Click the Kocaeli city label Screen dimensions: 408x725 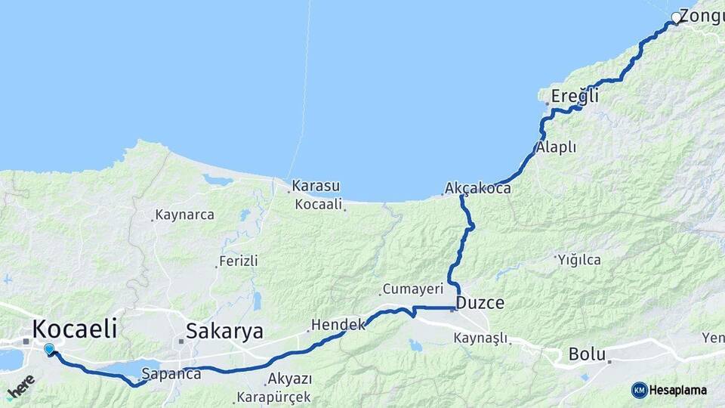(x=75, y=329)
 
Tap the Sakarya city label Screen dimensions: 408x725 (x=224, y=331)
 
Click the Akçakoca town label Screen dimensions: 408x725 (x=478, y=188)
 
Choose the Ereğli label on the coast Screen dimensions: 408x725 (x=575, y=96)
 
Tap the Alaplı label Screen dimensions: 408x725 (x=556, y=147)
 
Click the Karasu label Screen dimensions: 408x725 (x=316, y=186)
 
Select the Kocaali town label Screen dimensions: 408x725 (x=319, y=204)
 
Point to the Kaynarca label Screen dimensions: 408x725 (x=184, y=215)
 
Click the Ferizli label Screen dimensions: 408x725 (x=238, y=261)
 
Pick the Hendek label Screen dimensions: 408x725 (x=338, y=324)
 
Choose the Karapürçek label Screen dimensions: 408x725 (x=273, y=396)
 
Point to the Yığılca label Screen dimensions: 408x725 (x=579, y=260)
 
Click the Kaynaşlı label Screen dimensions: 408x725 (x=480, y=338)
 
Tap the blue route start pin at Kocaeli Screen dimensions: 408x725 (x=49, y=349)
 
